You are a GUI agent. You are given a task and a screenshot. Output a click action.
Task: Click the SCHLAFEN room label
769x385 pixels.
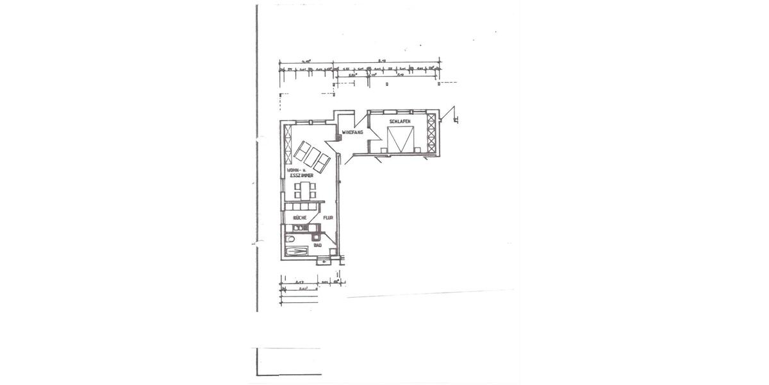[x=399, y=121]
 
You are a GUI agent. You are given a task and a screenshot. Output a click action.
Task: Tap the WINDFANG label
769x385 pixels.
[x=352, y=132]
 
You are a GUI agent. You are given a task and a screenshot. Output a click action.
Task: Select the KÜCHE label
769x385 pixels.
[x=299, y=218]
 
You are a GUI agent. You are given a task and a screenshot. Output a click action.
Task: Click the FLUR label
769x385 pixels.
[x=328, y=218]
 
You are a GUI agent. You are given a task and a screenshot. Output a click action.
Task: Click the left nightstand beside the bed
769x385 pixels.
[x=383, y=151]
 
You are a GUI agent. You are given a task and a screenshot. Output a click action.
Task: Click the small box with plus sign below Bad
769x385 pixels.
[x=325, y=262]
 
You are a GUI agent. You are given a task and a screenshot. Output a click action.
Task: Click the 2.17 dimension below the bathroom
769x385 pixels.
[x=299, y=282]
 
